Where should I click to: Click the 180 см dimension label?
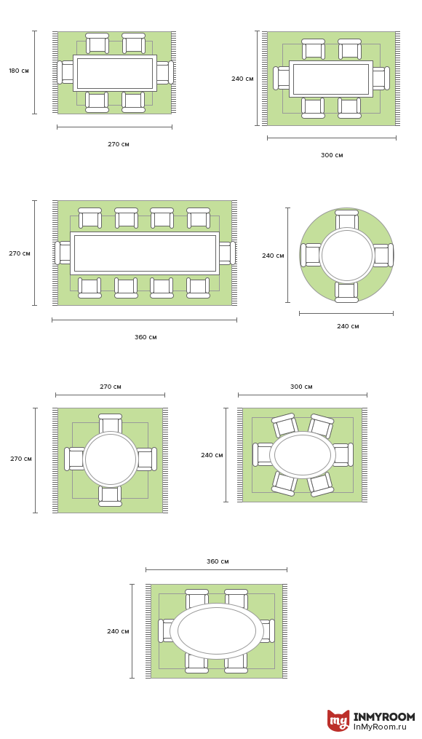[19, 71]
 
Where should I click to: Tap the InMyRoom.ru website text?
[383, 727]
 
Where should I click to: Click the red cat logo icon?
[338, 721]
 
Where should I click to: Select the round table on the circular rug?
[346, 255]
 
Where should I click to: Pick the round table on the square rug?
[110, 459]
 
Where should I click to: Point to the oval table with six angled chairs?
[303, 455]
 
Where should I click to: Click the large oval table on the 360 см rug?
[217, 631]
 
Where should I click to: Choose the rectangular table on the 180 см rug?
[115, 73]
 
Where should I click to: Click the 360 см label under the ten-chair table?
[146, 337]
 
